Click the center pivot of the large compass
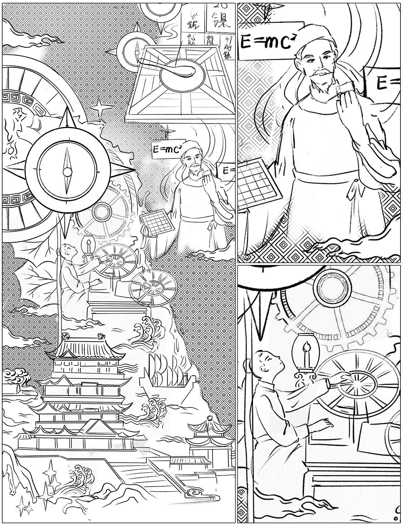point(67,172)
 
